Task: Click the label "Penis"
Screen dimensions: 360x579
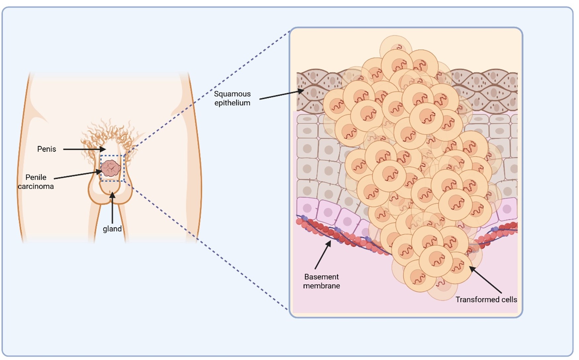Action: click(46, 149)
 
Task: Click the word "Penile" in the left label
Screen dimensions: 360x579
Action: click(36, 178)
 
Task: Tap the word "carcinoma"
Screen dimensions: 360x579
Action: click(36, 186)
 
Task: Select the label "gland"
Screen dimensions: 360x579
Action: click(112, 229)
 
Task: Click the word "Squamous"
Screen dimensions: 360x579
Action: click(232, 94)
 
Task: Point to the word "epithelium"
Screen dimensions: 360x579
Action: click(232, 103)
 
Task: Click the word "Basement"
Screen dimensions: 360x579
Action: click(321, 277)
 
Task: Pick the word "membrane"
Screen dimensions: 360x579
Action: click(321, 286)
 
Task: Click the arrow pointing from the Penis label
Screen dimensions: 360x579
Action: click(84, 149)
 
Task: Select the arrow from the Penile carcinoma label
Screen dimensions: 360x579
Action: click(77, 175)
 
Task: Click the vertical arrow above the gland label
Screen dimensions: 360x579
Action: click(112, 208)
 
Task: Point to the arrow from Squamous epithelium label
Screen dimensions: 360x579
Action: click(281, 95)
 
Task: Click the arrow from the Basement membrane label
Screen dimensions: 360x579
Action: click(323, 255)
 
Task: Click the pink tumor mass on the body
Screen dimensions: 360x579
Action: click(111, 168)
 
